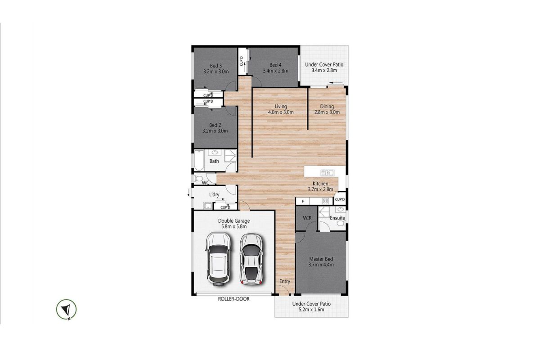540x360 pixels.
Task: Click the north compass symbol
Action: tap(66, 310)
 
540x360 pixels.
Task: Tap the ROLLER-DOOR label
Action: tap(234, 299)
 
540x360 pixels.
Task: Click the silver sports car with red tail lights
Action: tap(252, 259)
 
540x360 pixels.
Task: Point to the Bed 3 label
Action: tap(216, 66)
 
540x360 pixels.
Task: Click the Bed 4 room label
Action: tap(275, 65)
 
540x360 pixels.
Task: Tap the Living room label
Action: tap(281, 106)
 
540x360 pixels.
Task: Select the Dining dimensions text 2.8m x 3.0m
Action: tap(327, 112)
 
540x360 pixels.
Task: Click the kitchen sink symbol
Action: tap(327, 173)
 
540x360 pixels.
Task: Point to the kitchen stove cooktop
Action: tap(325, 201)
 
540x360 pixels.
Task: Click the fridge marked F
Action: tap(302, 201)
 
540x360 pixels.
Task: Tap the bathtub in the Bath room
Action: tap(199, 160)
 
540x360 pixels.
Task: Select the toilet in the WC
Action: tap(198, 179)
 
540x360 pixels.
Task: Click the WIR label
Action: tap(307, 218)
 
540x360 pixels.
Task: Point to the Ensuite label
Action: tap(337, 218)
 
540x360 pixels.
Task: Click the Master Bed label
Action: tap(321, 259)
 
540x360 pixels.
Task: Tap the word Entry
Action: tap(285, 281)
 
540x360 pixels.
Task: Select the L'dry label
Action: tap(214, 194)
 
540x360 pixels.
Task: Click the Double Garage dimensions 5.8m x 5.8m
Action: tap(234, 227)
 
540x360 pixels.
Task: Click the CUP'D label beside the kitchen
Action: tap(340, 200)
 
